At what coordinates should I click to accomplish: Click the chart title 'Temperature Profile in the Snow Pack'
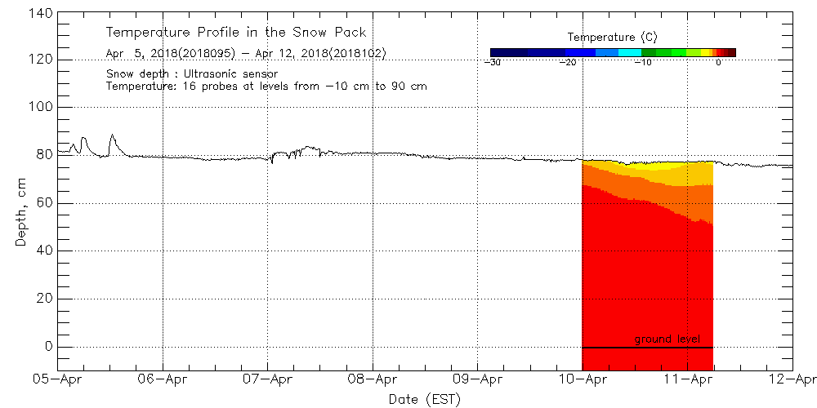[x=235, y=33]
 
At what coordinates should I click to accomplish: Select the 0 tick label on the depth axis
[x=48, y=347]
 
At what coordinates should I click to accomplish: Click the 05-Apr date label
[x=58, y=379]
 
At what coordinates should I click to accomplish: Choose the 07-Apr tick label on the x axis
[x=268, y=379]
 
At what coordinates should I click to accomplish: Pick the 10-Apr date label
[x=583, y=379]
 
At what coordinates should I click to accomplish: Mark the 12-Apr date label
[x=792, y=379]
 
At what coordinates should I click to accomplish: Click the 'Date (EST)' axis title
[x=424, y=399]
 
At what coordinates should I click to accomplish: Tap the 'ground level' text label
[x=667, y=339]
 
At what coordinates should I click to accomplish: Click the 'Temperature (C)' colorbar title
[x=612, y=38]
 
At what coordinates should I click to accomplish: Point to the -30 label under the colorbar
[x=492, y=62]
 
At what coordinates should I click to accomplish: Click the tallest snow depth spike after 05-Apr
[x=112, y=135]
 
